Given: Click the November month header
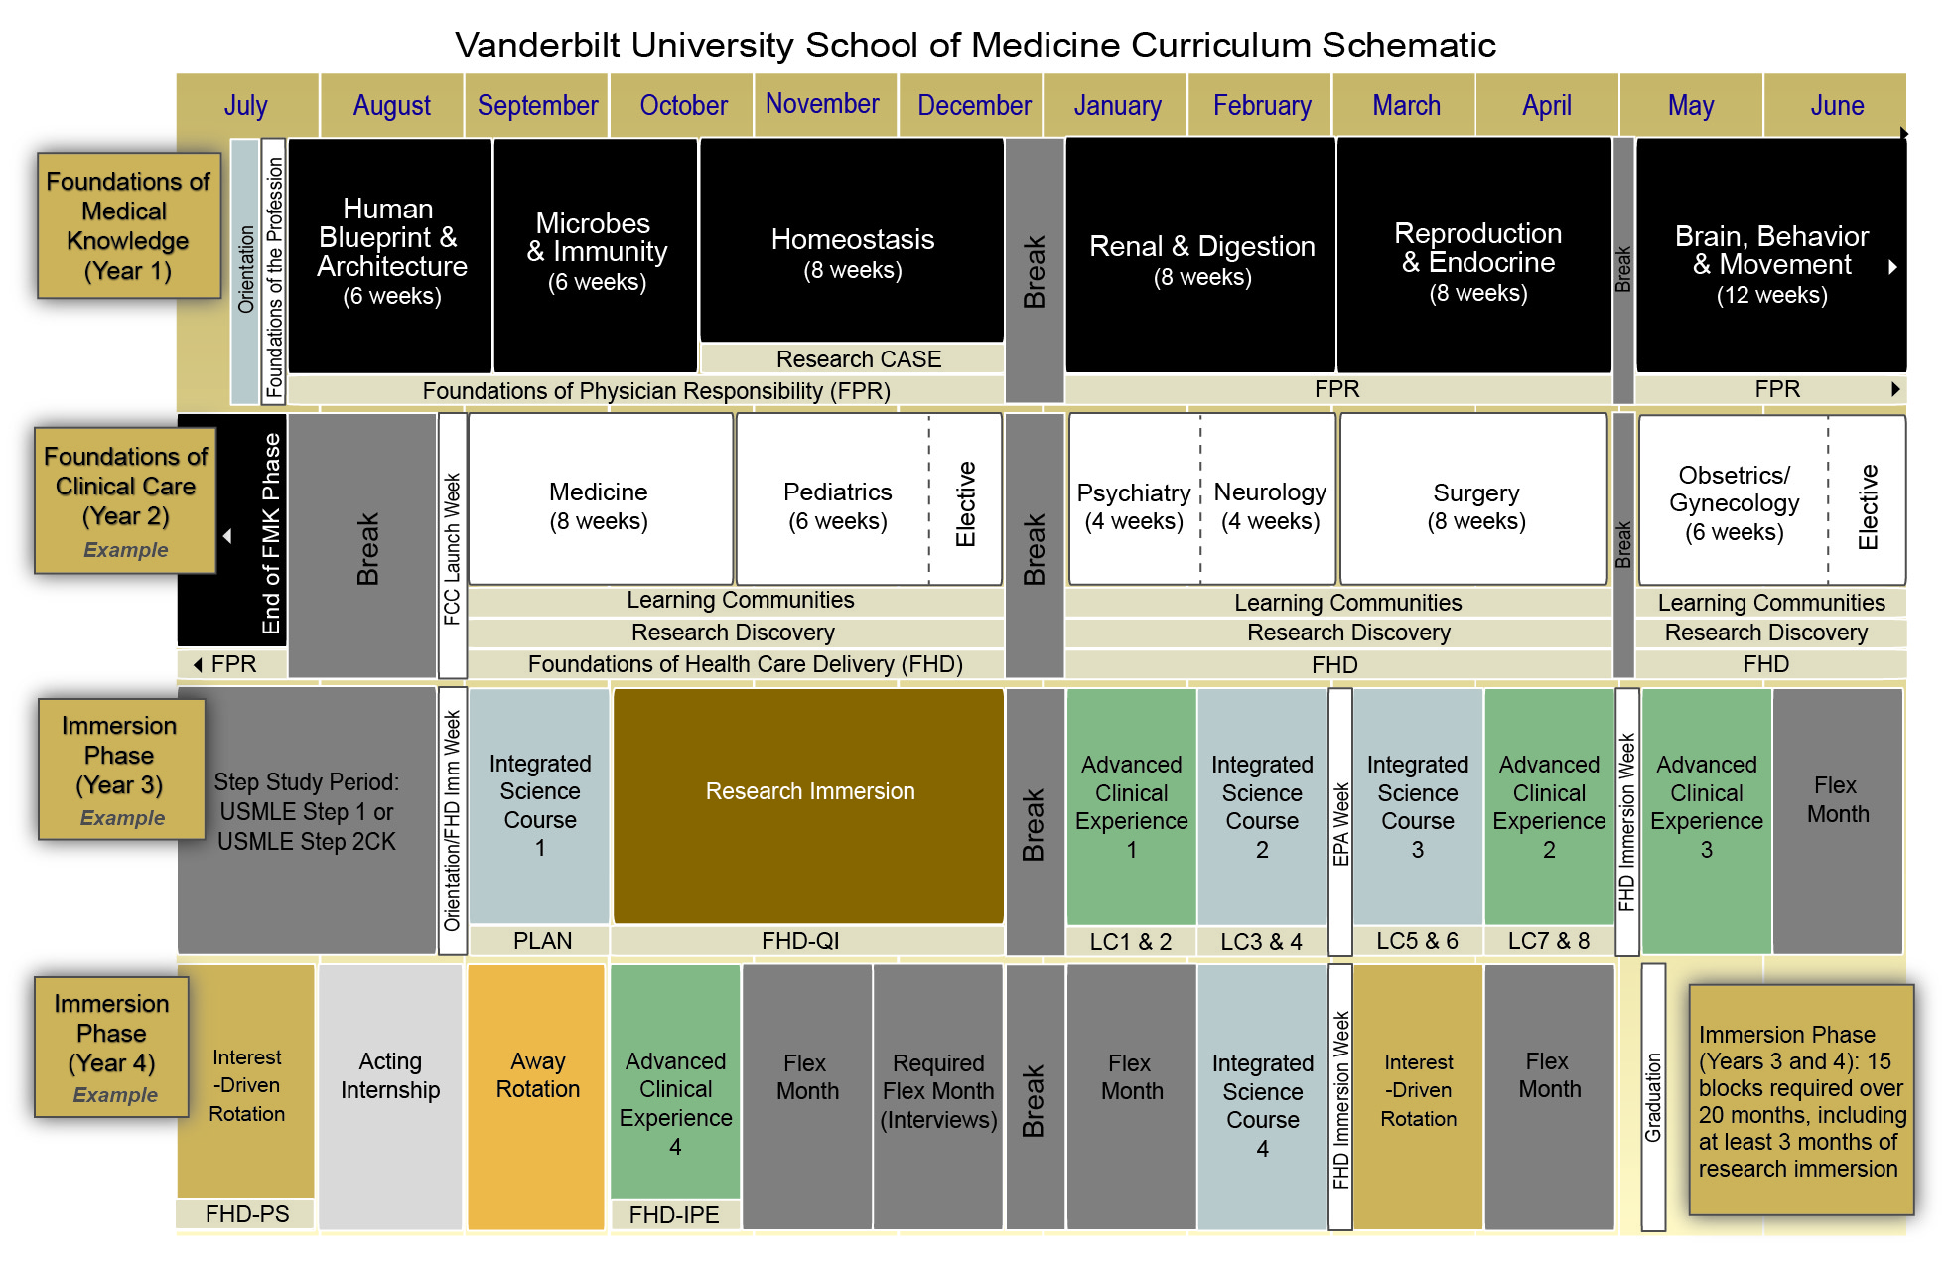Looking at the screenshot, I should (x=822, y=104).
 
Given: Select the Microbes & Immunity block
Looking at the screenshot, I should (x=596, y=253).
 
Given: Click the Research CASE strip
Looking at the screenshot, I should (x=858, y=359).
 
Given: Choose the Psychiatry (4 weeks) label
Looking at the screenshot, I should (x=1133, y=506).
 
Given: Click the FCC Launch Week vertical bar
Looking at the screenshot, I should (x=453, y=546).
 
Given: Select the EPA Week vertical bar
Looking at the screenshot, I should (x=1340, y=822).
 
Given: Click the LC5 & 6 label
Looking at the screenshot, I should (x=1417, y=941).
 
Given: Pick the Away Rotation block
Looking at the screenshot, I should (x=537, y=1092).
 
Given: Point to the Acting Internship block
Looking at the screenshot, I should (x=390, y=1092).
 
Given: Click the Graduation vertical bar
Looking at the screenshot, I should (x=1653, y=1096).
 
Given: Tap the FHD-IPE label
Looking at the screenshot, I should (x=674, y=1215).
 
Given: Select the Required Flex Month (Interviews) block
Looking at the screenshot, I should (x=937, y=1092).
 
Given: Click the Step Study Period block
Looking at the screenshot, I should (x=306, y=812).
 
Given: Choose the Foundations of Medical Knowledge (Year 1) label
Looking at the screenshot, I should (x=128, y=225).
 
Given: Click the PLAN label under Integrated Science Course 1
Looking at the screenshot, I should (x=542, y=941).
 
